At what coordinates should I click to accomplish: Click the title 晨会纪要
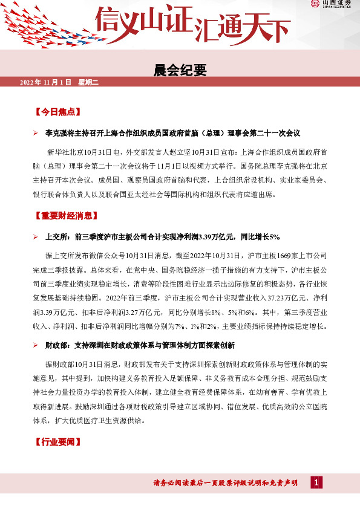(x=180, y=70)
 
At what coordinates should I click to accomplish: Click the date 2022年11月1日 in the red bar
(x=46, y=82)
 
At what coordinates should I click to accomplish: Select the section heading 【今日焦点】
(x=57, y=112)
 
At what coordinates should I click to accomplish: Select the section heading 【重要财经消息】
(x=67, y=215)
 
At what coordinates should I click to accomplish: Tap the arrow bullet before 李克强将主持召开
(x=36, y=132)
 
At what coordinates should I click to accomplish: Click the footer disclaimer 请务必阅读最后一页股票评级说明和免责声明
(x=226, y=482)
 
